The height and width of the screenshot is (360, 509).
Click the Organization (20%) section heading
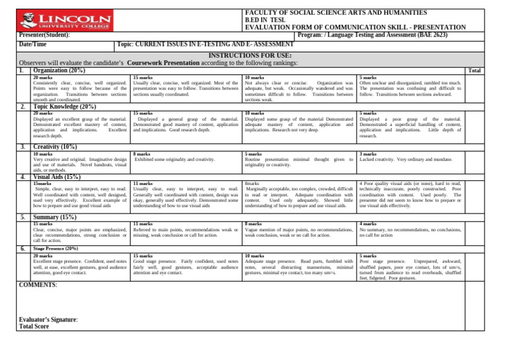point(59,70)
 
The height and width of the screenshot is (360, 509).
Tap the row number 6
point(22,249)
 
